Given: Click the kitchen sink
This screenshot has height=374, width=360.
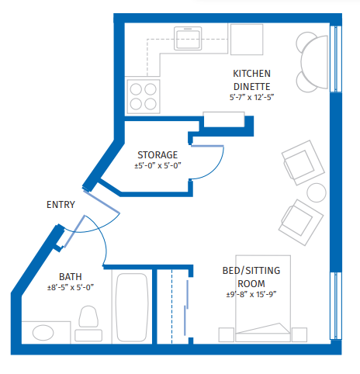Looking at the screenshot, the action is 188,38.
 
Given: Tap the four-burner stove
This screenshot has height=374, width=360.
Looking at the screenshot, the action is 144,96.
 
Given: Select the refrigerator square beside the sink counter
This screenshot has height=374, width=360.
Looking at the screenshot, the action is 247,40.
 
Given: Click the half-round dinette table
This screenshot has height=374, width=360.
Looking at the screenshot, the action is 314,62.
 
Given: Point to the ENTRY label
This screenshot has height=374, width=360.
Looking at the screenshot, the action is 61,205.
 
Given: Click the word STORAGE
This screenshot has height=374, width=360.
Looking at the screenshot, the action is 157,155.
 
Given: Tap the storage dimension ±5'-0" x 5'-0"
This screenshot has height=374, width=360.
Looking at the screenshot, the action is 157,165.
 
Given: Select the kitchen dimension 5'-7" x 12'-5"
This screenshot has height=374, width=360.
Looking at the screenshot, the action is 251,97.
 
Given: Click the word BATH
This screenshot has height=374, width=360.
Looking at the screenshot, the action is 71,277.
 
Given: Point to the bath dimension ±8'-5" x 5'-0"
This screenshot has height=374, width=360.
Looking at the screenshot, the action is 71,287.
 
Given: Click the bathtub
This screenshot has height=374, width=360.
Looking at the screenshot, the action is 132,307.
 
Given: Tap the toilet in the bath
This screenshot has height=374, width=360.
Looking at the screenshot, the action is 88,324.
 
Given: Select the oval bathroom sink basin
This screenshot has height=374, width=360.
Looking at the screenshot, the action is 43,333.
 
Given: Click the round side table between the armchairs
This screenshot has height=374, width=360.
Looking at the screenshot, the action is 317,192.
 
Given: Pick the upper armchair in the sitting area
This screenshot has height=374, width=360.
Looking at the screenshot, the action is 303,163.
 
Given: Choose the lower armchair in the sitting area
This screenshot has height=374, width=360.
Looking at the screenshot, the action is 301,223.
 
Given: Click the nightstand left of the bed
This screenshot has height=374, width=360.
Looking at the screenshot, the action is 227,334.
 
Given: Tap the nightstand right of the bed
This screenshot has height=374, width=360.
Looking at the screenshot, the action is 299,334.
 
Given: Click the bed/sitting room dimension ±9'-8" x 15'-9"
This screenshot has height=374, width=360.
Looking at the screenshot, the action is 251,295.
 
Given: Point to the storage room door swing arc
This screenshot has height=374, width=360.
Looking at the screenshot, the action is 216,170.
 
